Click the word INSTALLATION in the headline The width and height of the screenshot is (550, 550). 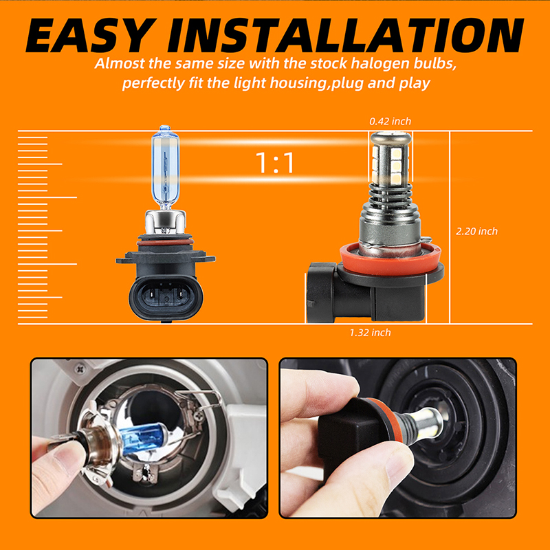click(346, 35)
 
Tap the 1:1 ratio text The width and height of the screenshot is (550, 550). click(275, 163)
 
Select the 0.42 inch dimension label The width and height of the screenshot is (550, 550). click(390, 122)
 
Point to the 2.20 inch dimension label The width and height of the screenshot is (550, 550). click(476, 231)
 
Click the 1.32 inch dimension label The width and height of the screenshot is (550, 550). click(370, 333)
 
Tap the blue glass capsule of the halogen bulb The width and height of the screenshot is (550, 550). click(165, 168)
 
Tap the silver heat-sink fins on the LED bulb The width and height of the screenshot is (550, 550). click(390, 196)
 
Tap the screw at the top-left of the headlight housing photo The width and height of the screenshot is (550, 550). click(80, 368)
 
